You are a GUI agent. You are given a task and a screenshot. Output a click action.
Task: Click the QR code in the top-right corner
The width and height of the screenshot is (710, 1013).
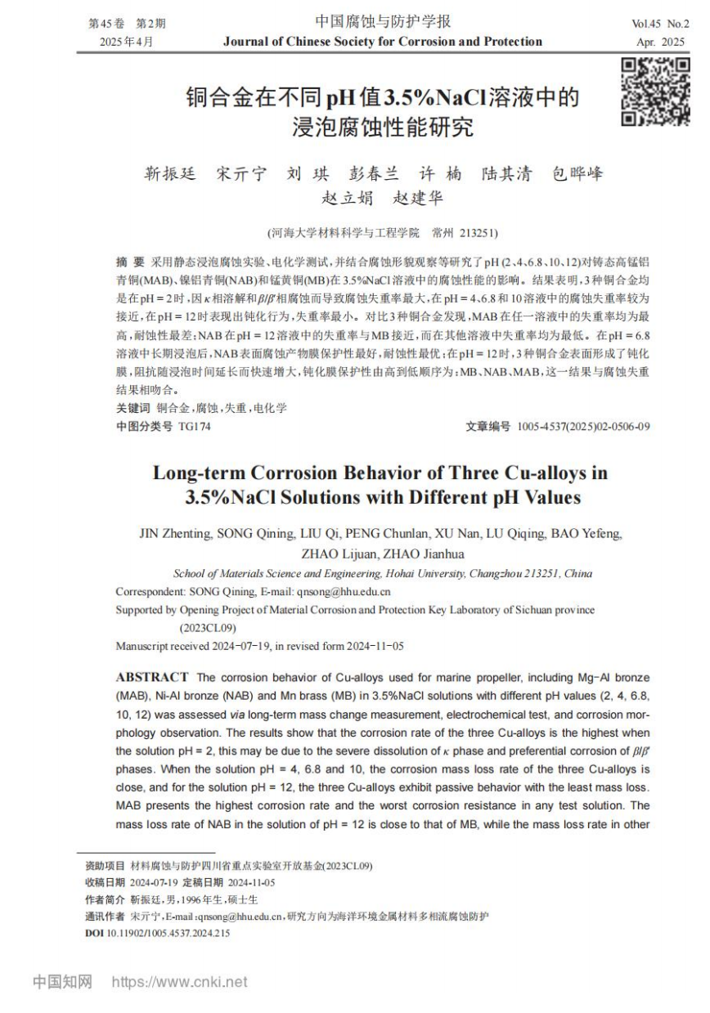coord(654,92)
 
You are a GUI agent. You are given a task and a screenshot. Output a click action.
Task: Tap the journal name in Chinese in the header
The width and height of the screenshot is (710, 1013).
coord(383,22)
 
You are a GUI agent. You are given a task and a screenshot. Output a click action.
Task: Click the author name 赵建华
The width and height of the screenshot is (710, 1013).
coord(418,198)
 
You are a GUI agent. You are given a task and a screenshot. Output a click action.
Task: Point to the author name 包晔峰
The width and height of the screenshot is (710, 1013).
coord(577,173)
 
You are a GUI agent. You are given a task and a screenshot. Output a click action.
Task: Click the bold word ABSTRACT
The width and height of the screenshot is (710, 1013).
coord(152,677)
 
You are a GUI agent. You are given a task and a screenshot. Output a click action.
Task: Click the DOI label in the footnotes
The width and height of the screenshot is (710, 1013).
coord(95,933)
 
